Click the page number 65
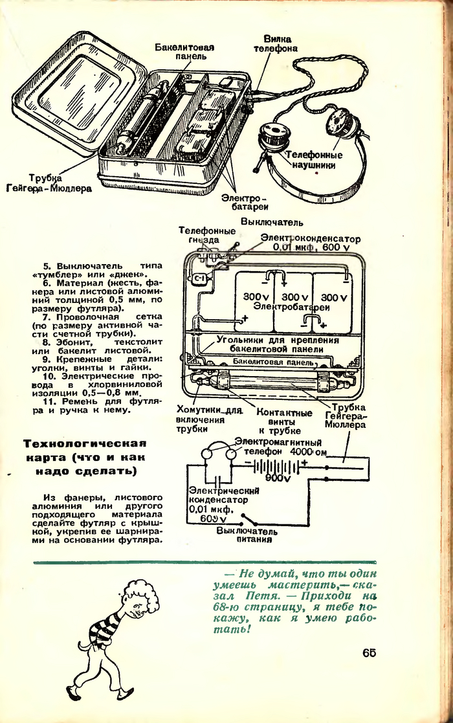[x=369, y=652]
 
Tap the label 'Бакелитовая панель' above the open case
[x=184, y=52]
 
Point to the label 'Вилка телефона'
[x=276, y=43]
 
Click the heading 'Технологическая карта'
[x=85, y=457]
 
